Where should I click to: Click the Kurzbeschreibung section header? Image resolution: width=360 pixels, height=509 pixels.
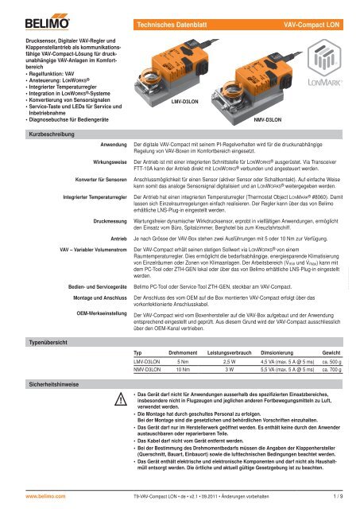tap(30, 135)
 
